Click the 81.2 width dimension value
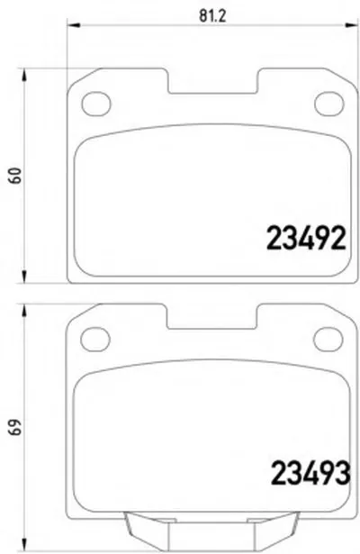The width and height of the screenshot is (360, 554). (212, 16)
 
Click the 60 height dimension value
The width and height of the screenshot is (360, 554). (15, 176)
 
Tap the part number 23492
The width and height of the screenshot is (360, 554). (306, 239)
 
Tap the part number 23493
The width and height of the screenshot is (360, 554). (310, 474)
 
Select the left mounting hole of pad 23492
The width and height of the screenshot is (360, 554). (96, 104)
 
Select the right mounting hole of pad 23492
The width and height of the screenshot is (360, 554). (328, 104)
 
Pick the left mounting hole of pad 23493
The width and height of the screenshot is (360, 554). (95, 340)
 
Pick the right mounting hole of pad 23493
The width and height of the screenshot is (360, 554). (328, 340)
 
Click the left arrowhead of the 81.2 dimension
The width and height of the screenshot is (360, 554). (74, 25)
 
